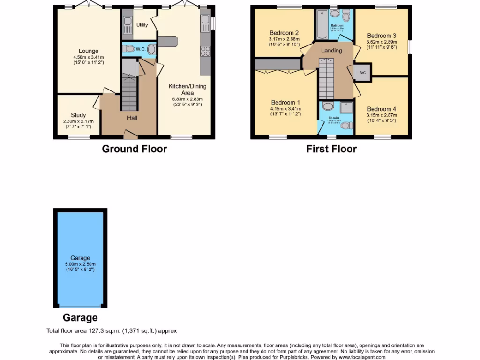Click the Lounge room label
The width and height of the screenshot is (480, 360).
[x=89, y=51]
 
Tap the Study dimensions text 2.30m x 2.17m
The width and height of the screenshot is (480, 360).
[x=78, y=121]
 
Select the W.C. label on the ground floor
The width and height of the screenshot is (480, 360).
[x=140, y=49]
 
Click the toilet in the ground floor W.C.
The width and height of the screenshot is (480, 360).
[x=151, y=49]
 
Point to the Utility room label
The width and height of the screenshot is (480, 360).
[x=142, y=25]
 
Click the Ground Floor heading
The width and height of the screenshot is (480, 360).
[x=135, y=149]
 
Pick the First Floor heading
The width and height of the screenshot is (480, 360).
[x=331, y=149]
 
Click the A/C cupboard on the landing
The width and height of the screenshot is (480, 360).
[x=362, y=73]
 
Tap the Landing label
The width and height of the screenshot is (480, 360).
[x=331, y=51]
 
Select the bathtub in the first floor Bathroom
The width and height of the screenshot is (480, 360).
[x=322, y=25]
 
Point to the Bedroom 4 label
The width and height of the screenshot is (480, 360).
[x=382, y=109]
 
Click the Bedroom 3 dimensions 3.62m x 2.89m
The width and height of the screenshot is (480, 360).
[x=382, y=42]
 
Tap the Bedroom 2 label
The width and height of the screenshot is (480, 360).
[x=284, y=33]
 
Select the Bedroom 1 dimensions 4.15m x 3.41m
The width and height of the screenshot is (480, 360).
[x=285, y=108]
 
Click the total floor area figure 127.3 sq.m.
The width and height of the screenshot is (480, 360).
[x=106, y=331]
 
